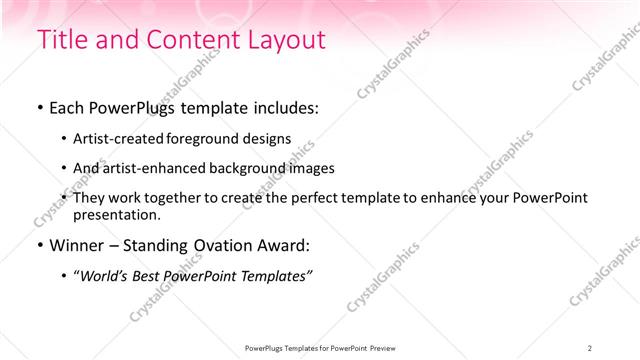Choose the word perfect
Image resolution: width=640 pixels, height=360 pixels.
(300, 198)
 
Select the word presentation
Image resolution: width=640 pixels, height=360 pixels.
(115, 214)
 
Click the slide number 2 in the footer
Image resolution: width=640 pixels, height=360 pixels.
(590, 348)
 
